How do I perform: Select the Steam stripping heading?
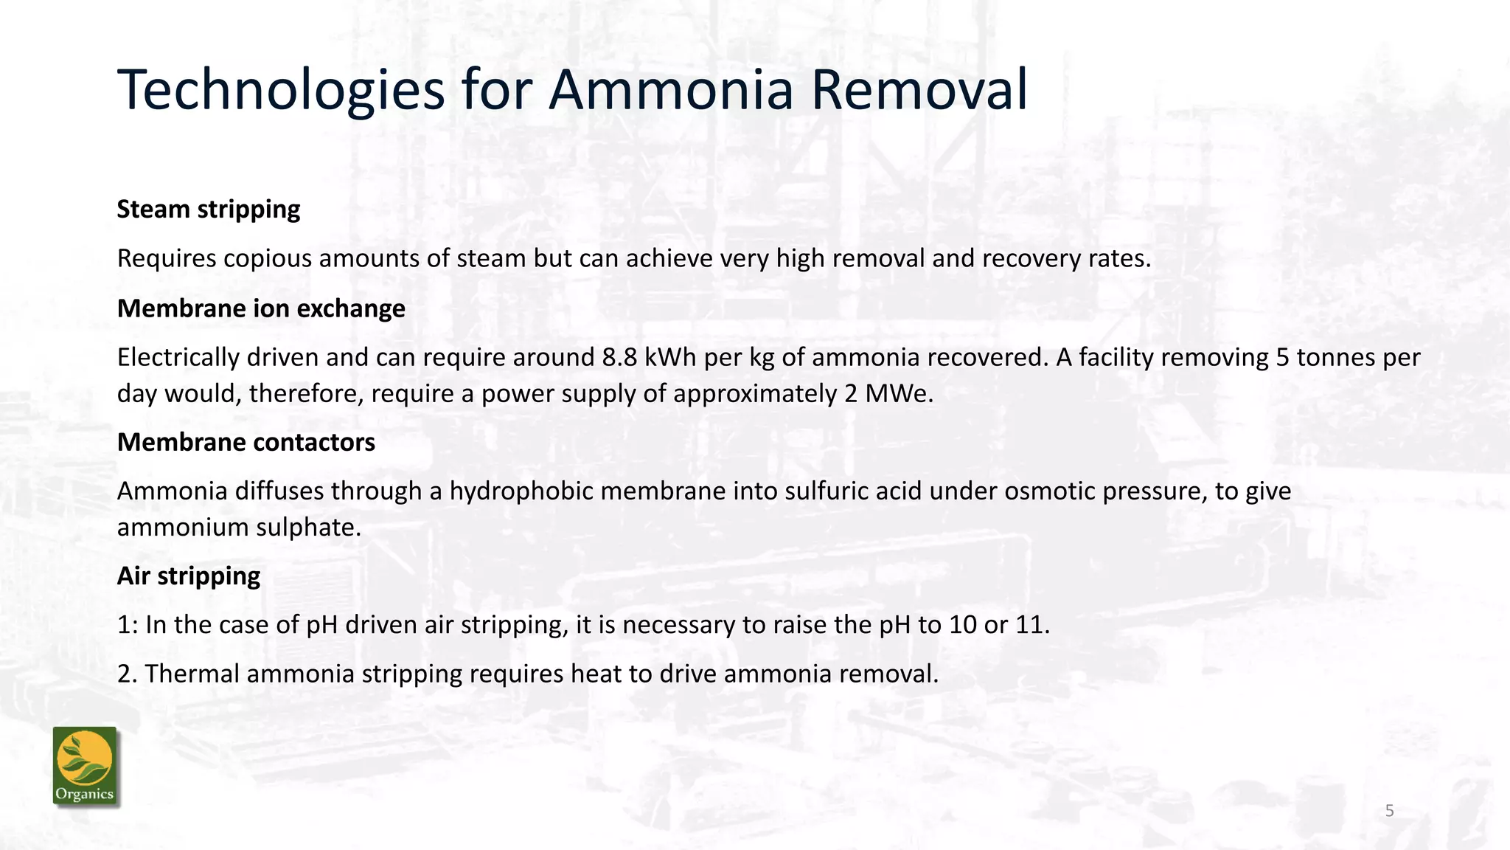209,210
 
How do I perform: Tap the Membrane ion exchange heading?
261,308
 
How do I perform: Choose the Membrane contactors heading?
246,443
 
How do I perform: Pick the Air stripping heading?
189,576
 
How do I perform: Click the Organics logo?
85,766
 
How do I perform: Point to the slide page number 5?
1389,811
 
